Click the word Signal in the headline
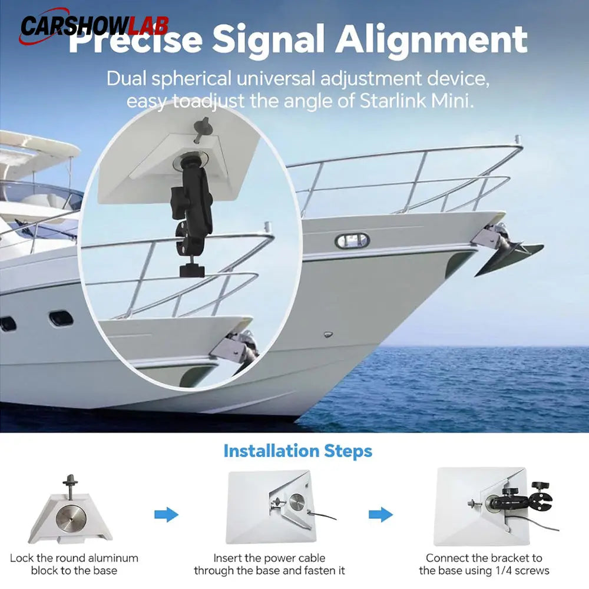[269, 41]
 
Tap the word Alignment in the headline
[432, 41]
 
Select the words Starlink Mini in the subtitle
[416, 101]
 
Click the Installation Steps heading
[297, 451]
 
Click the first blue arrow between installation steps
[167, 514]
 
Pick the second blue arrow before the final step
[380, 514]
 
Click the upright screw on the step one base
[70, 487]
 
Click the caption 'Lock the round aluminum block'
[74, 564]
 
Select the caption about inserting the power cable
[269, 564]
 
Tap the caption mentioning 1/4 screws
[484, 564]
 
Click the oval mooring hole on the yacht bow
[352, 241]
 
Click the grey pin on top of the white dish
[202, 129]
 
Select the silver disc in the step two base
[297, 502]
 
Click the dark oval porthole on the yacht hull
[61, 319]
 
